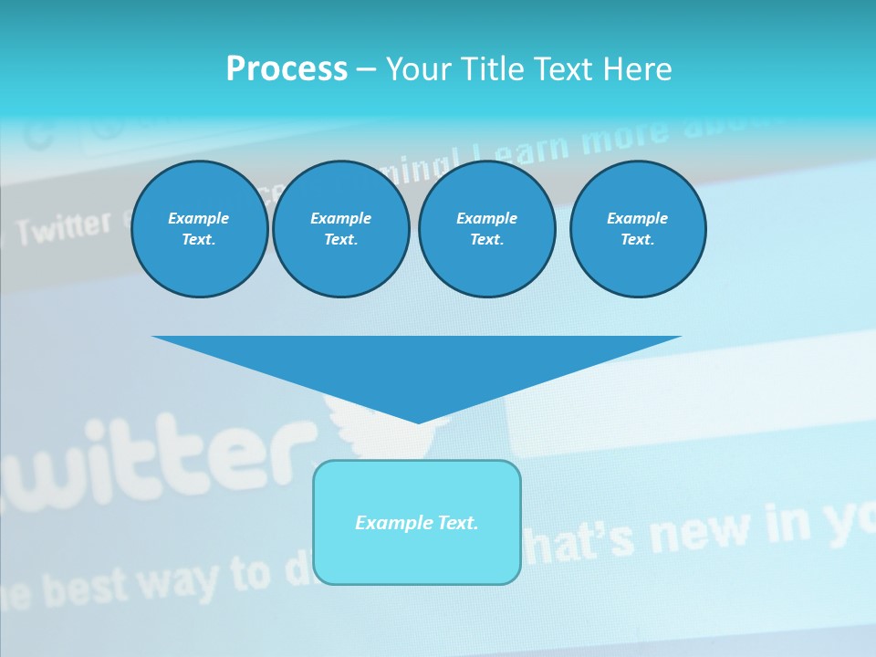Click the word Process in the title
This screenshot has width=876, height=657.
(287, 69)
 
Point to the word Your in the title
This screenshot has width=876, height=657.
(420, 69)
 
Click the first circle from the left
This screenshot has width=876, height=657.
(199, 229)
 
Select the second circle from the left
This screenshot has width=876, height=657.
(340, 229)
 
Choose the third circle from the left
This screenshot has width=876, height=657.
(486, 229)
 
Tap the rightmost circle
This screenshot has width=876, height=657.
(637, 229)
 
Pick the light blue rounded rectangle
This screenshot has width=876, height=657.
(417, 522)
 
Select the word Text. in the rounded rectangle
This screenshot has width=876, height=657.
(457, 523)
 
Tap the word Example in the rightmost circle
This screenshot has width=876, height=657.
(637, 218)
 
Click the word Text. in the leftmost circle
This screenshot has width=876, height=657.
(199, 240)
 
